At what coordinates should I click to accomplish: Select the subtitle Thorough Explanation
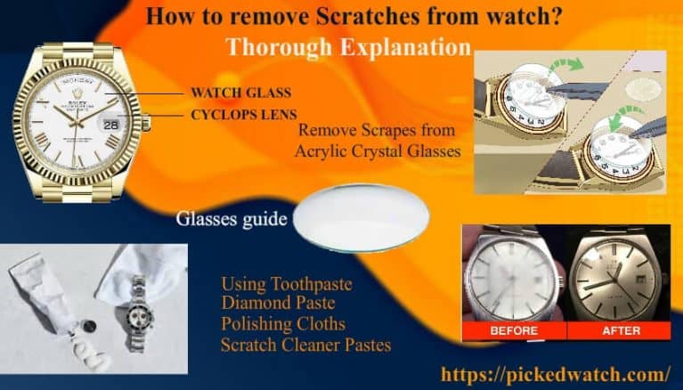[347, 46]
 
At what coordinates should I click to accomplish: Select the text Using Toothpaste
[286, 285]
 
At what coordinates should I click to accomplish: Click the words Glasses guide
[231, 217]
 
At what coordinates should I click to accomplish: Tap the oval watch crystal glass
[360, 217]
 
